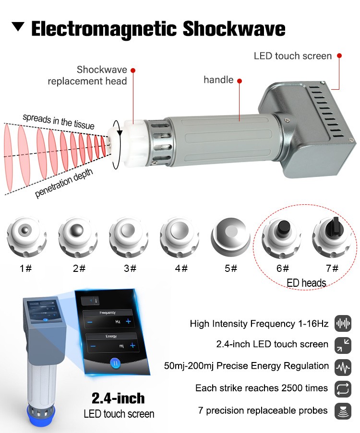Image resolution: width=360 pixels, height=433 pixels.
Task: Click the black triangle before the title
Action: tap(18, 26)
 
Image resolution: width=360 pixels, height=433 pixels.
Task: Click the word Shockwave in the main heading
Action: tap(234, 28)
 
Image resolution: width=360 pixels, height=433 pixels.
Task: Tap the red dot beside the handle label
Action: tap(240, 81)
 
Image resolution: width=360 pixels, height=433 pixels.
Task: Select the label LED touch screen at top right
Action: tap(292, 56)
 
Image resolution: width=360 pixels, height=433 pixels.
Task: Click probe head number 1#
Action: tap(26, 237)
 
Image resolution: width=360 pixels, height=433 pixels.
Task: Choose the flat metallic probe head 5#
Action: tap(230, 235)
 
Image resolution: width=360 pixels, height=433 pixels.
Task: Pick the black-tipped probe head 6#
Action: tap(281, 237)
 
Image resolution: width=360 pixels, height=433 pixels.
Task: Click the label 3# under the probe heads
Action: tap(130, 268)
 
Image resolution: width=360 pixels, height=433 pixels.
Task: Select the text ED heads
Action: tap(306, 283)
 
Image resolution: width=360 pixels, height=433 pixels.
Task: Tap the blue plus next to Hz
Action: tap(128, 321)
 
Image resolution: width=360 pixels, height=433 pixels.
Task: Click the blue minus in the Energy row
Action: tap(93, 346)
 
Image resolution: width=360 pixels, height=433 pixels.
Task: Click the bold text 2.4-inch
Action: tap(118, 398)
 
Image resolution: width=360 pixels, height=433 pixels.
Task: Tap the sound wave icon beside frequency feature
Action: tap(343, 323)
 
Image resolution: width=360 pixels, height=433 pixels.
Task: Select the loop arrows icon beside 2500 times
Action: tap(343, 389)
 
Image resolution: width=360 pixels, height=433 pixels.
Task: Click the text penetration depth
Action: tap(64, 183)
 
